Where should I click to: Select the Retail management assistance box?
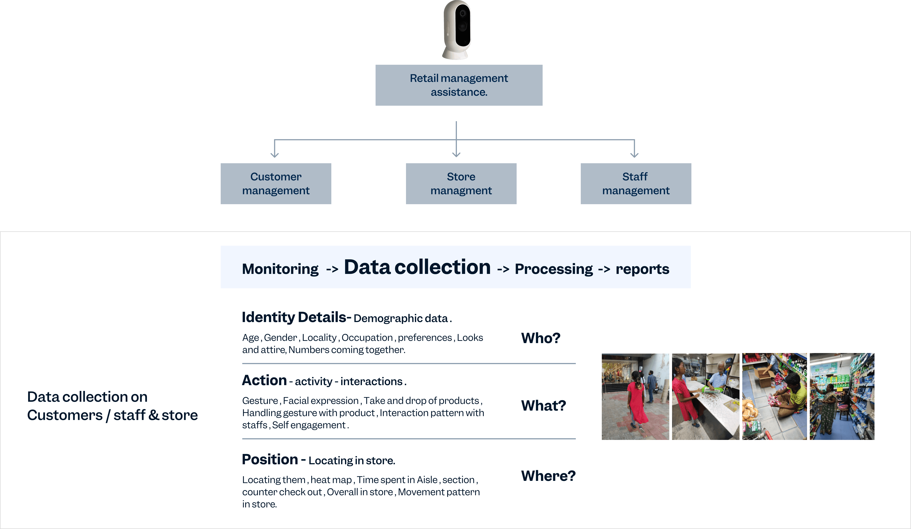click(x=459, y=85)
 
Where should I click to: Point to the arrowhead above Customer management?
click(x=275, y=155)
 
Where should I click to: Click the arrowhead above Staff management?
click(x=634, y=155)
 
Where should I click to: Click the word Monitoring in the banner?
click(x=280, y=269)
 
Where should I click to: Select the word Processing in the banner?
click(x=554, y=269)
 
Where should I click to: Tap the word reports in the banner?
click(x=642, y=269)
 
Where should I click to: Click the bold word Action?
click(x=264, y=380)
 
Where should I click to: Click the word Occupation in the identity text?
click(x=367, y=338)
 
